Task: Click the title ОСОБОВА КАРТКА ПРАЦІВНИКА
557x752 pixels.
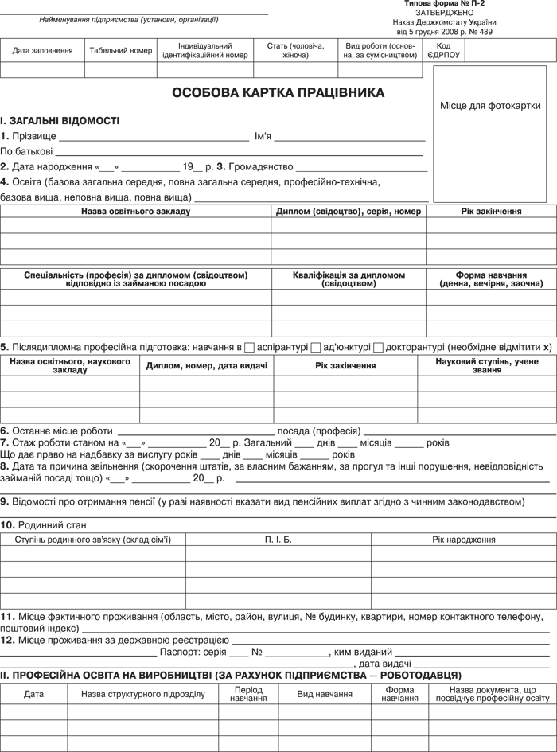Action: pyautogui.click(x=278, y=93)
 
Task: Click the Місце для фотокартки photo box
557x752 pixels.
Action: pyautogui.click(x=489, y=106)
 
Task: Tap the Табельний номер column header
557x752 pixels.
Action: pyautogui.click(x=121, y=51)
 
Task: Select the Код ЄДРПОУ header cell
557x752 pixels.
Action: pyautogui.click(x=443, y=51)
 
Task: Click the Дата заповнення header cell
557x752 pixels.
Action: pyautogui.click(x=42, y=51)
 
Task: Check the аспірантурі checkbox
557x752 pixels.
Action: pyautogui.click(x=250, y=348)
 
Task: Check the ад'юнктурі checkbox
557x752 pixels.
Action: pyautogui.click(x=316, y=348)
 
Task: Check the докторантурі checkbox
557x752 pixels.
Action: pyautogui.click(x=378, y=348)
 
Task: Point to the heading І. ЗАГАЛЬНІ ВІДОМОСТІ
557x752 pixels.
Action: pyautogui.click(x=60, y=121)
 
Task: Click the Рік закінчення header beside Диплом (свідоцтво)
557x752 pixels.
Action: pyautogui.click(x=491, y=212)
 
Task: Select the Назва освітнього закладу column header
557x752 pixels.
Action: pyautogui.click(x=135, y=212)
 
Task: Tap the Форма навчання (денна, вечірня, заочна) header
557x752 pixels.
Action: pyautogui.click(x=491, y=279)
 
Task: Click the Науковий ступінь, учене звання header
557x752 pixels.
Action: pyautogui.click(x=487, y=366)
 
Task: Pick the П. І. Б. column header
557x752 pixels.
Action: pyautogui.click(x=278, y=540)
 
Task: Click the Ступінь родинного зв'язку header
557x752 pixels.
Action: pyautogui.click(x=93, y=540)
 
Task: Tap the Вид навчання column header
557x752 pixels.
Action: pyautogui.click(x=325, y=694)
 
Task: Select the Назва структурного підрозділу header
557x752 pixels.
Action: pyautogui.click(x=143, y=694)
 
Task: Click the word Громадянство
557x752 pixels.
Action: pyautogui.click(x=260, y=167)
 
